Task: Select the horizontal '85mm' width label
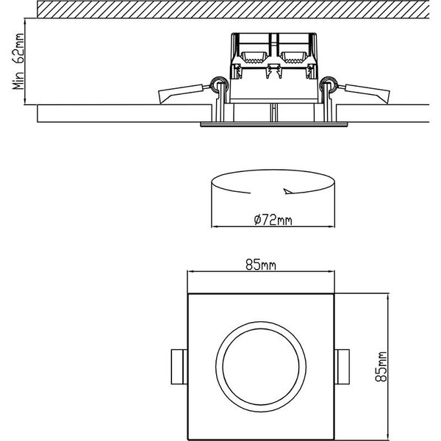click(262, 266)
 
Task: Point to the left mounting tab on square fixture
click(178, 365)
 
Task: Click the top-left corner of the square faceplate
click(190, 294)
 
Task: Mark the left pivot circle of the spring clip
click(218, 82)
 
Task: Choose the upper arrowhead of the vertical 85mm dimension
click(388, 296)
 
